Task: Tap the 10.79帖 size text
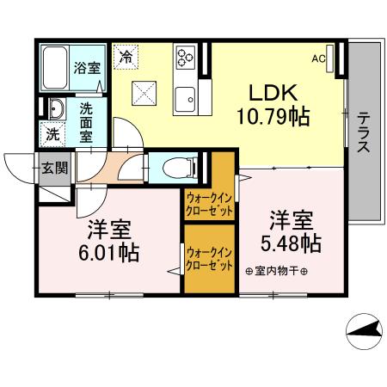tap(274, 114)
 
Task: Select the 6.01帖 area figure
tap(107, 253)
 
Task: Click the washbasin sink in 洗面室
tap(57, 110)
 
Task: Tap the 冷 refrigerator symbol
tap(126, 58)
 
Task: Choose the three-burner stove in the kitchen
tap(185, 57)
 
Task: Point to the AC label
tap(317, 58)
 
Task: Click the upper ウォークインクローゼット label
tap(210, 203)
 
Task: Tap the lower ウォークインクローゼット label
tap(210, 259)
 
